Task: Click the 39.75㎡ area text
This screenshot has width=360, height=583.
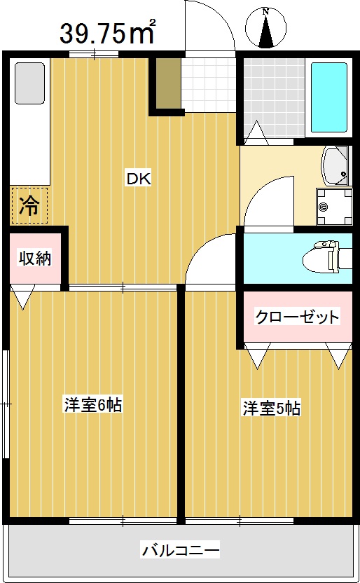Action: coord(107,32)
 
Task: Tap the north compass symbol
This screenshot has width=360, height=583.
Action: coord(266,28)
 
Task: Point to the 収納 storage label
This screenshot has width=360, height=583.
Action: coord(34,258)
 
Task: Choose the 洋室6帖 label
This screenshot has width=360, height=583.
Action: coord(93,405)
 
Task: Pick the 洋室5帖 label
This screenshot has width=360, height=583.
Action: coord(272,409)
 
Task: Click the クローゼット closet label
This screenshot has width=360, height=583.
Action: coord(297,317)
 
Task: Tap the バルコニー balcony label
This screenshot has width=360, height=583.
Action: coord(181,549)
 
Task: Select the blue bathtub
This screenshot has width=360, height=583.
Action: coord(328,99)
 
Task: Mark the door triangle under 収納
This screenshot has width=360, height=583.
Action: coord(23,299)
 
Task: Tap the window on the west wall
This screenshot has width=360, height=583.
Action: coord(6,404)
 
